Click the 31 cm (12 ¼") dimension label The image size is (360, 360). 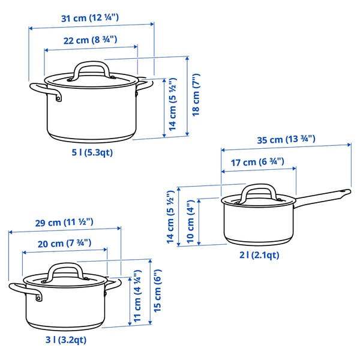(x=90, y=17)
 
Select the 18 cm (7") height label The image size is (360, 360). (x=196, y=96)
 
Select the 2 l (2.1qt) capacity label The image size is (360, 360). (x=259, y=255)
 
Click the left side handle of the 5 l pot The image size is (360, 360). (x=46, y=91)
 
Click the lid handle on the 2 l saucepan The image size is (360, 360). (x=257, y=191)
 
